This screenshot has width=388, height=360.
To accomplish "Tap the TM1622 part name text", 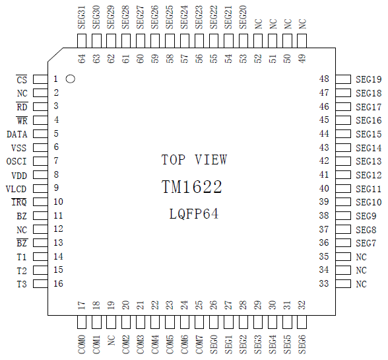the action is coord(192,186).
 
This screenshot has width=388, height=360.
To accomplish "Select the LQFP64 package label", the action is coord(194,214).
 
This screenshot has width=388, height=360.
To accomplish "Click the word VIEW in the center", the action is coord(210,160).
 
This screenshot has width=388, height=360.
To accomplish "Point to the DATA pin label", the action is coord(17,134).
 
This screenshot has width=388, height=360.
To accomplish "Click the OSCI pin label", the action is coord(16,162).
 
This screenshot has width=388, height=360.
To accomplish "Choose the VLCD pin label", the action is coord(16,189).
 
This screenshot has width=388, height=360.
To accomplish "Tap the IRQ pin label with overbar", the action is coord(19,202).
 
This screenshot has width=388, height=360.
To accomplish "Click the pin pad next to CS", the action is coord(41,79).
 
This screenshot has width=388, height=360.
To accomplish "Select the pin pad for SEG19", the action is coord(343,79).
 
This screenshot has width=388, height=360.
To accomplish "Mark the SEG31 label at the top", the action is coord(82,17).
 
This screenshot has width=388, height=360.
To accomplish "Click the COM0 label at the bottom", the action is coord(82,344).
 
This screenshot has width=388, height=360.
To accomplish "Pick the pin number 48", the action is coord(324,79).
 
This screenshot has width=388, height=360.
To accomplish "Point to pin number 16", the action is coord(58,283).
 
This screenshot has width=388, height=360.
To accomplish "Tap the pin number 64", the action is coord(82,59).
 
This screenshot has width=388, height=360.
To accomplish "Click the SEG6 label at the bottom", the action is coord(302,344).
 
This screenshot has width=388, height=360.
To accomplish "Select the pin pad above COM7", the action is coord(199,322).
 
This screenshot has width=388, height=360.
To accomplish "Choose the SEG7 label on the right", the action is coord(366,243).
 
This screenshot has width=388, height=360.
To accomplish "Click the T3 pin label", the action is coord(22,284).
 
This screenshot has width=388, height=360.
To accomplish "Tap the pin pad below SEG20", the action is coord(243,41).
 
